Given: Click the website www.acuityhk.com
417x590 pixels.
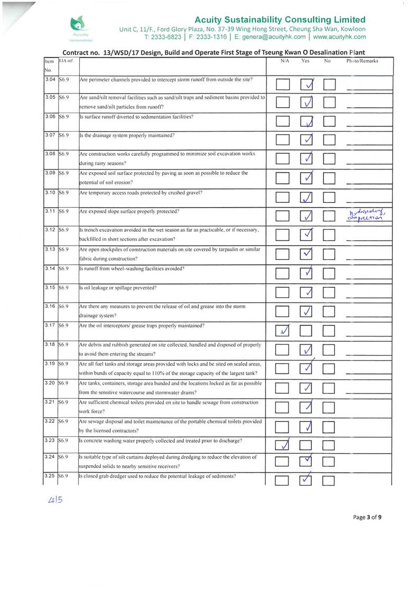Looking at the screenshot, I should tap(338, 37).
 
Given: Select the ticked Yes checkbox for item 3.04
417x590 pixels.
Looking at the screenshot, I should tap(308, 85).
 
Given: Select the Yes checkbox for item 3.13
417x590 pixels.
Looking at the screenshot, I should tap(308, 254).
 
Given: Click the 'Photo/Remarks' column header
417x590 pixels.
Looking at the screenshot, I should tap(362, 61).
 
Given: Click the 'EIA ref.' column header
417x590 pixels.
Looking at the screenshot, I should tap(66, 61).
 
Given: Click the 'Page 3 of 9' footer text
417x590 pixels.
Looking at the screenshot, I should tap(367, 517).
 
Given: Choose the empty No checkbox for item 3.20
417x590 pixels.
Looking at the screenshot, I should tap(330, 389).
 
